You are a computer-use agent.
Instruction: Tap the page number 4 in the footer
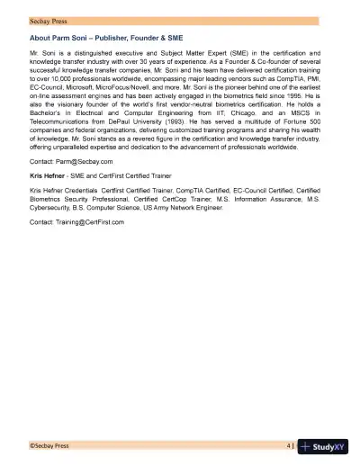pos(288,444)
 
